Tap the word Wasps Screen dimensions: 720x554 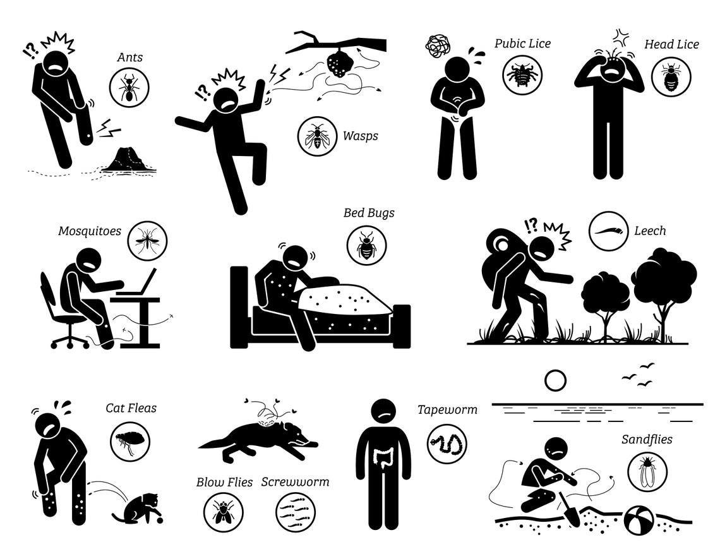click(x=361, y=136)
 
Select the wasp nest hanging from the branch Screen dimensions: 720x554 click(x=339, y=65)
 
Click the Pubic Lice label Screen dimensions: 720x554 click(x=522, y=43)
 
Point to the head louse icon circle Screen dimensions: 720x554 click(x=671, y=76)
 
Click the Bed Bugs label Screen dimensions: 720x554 click(x=369, y=213)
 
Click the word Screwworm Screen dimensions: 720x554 click(x=295, y=482)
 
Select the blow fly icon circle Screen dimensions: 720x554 click(x=223, y=512)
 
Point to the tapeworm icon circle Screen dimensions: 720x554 click(x=447, y=443)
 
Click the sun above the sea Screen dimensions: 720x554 click(x=555, y=381)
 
